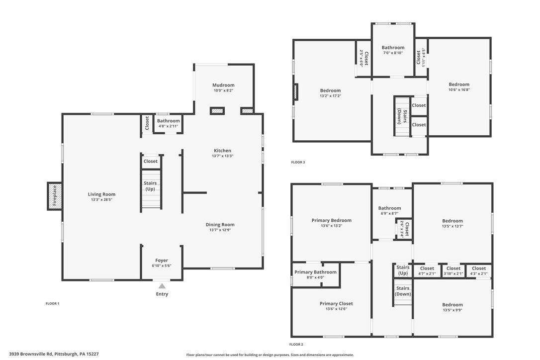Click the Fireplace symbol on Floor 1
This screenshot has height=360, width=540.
tap(55, 196)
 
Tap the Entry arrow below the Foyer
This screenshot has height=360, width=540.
tap(162, 286)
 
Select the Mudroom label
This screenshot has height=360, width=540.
tap(223, 85)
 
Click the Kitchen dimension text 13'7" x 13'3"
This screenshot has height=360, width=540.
tap(222, 156)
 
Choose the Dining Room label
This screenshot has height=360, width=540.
tap(220, 225)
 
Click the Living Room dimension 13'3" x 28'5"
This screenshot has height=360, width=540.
tap(101, 200)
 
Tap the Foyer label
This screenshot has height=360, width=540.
tap(162, 260)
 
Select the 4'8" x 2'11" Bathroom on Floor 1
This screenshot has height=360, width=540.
tap(169, 123)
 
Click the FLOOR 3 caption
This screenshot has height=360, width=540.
tap(298, 162)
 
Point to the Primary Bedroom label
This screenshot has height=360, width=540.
tap(331, 220)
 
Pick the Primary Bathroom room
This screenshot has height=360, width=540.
tap(315, 274)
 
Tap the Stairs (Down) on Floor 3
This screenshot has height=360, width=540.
tap(402, 115)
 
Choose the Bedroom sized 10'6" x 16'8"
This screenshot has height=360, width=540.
tap(459, 87)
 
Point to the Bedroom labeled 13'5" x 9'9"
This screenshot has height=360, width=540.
tap(452, 307)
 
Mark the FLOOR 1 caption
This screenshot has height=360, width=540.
tap(52, 303)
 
